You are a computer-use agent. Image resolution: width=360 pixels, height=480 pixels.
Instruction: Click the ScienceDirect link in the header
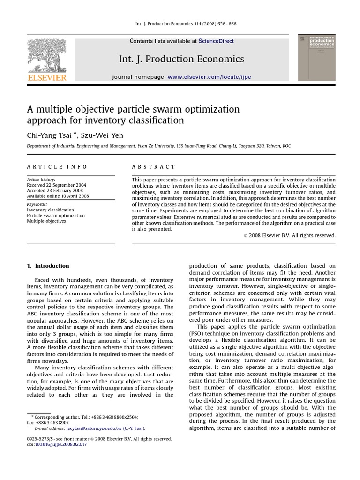pyautogui.click(x=216, y=41)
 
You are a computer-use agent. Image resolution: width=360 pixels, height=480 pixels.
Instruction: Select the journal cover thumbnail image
pyautogui.click(x=316, y=58)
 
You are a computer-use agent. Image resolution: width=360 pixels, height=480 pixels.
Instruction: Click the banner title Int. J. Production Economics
pyautogui.click(x=181, y=59)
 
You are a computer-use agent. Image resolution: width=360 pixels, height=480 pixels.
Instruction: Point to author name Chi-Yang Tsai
pyautogui.click(x=51, y=136)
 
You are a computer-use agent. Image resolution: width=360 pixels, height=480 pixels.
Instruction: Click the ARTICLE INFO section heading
pyautogui.click(x=57, y=167)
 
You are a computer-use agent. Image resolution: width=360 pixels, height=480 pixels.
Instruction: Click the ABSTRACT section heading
pyautogui.click(x=153, y=167)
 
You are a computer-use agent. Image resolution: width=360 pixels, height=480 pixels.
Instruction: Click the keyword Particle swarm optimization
pyautogui.click(x=56, y=216)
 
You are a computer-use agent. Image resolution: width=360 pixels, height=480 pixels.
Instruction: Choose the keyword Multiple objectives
pyautogui.click(x=46, y=221)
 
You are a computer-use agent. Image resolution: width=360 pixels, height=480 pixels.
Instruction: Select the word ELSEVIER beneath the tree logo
pyautogui.click(x=47, y=78)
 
